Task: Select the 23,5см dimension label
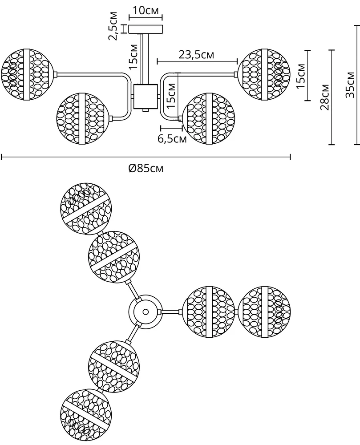point(196,55)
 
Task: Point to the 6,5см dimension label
point(172,139)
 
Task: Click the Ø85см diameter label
point(146,168)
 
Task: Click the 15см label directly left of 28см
point(301,76)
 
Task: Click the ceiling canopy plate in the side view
point(146,29)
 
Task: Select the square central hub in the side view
point(145,97)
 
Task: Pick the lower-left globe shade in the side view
point(82,118)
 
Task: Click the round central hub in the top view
point(145,311)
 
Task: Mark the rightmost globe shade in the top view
point(264,311)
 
